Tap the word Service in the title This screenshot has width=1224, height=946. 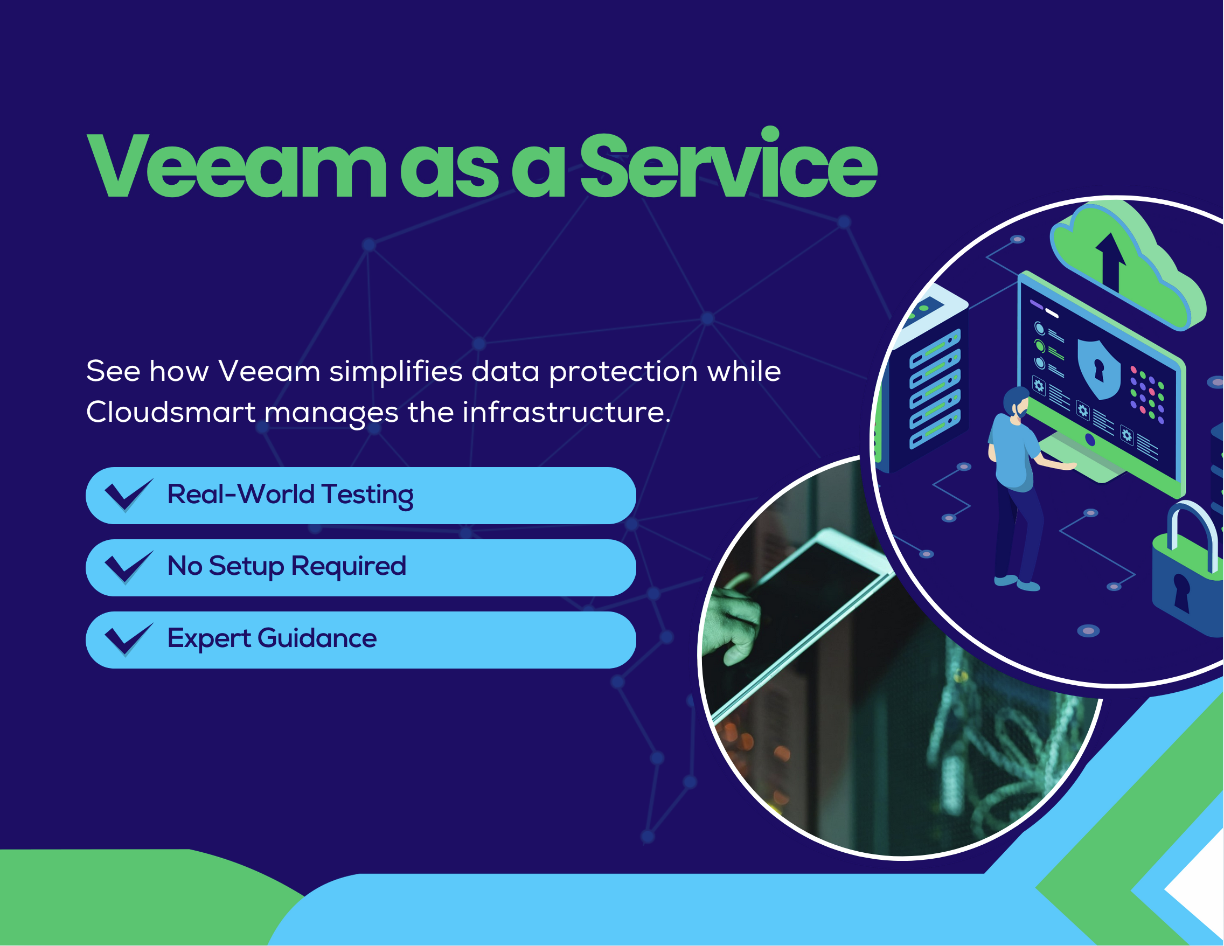(728, 167)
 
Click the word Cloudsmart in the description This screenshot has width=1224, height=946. (170, 413)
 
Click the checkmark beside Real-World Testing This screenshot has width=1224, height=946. (128, 496)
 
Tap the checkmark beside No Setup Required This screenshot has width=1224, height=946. (128, 567)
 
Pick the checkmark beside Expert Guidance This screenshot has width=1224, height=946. (128, 639)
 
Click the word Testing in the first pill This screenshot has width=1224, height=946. (367, 496)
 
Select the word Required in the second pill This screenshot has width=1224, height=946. (349, 567)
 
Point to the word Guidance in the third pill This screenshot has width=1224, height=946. (317, 638)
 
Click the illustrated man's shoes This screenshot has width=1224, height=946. (1018, 583)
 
